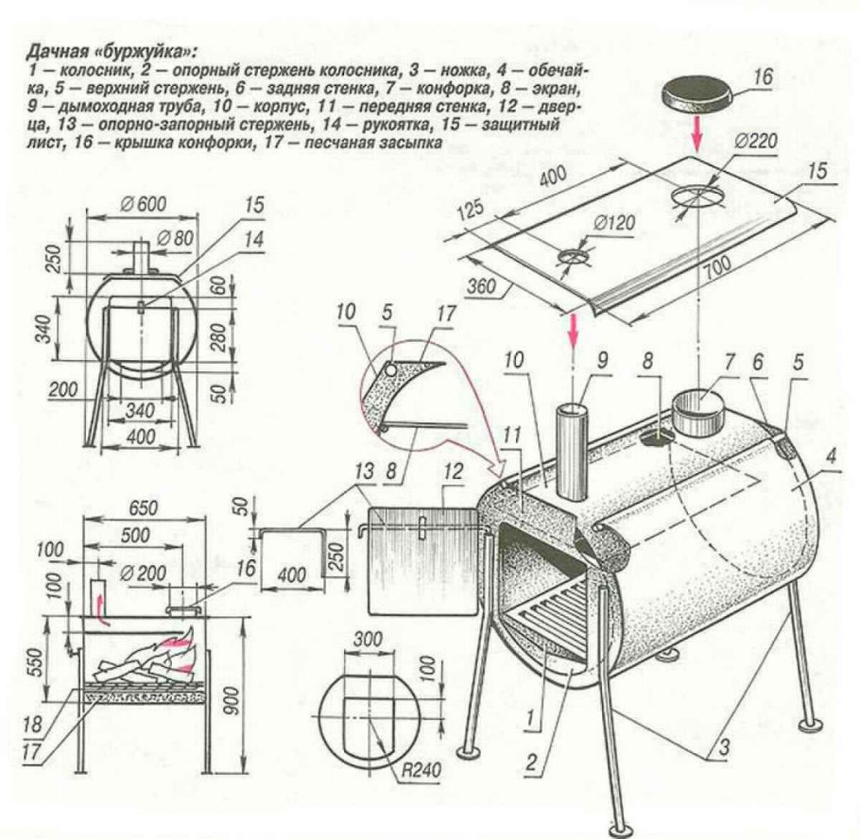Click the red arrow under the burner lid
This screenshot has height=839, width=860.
[x=697, y=137]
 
